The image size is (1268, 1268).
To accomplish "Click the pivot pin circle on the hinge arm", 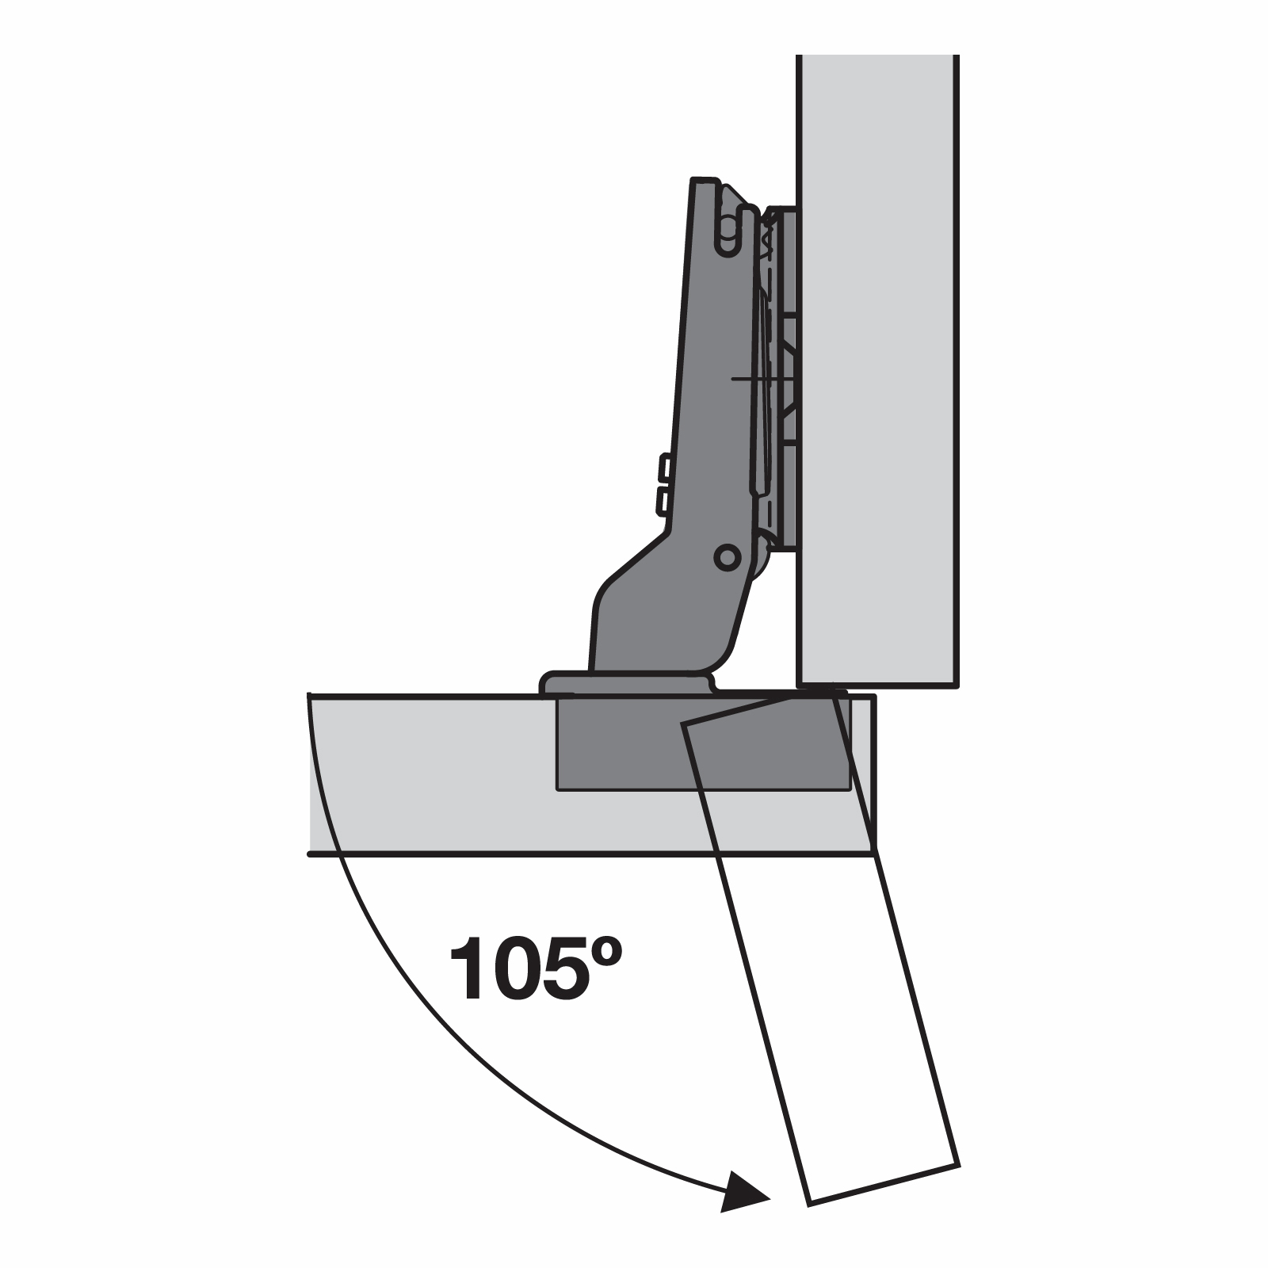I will click(727, 557).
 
